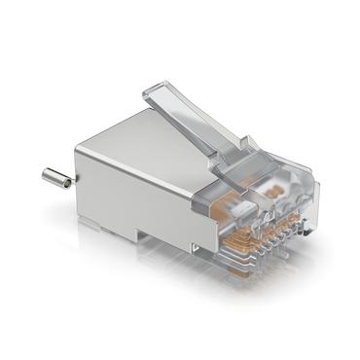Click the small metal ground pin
[55, 178]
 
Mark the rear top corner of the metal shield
[77, 148]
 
